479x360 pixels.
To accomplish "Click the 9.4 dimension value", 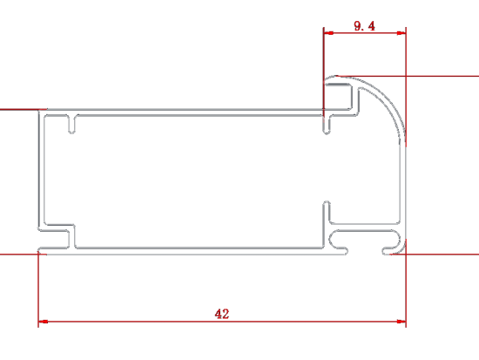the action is (364, 26).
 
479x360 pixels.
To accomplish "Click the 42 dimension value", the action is (222, 314).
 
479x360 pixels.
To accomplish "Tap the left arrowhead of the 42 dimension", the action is (43, 322).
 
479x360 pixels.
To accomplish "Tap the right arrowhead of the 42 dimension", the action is (401, 322).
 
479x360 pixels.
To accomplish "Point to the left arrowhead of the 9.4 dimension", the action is (328, 33).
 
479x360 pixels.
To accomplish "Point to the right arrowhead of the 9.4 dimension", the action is (401, 33).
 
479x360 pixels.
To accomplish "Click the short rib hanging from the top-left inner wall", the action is (71, 124).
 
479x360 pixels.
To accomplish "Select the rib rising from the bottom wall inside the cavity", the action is (327, 224).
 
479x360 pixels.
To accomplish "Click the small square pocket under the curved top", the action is (338, 96).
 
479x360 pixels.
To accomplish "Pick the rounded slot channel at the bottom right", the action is (364, 239).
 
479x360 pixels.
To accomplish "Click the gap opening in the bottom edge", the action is (365, 251).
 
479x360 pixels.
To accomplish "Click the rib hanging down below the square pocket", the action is (327, 125).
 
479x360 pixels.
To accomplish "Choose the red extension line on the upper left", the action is (24, 109).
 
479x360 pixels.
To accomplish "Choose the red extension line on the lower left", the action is (24, 255).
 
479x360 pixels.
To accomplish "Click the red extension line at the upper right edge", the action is (408, 76).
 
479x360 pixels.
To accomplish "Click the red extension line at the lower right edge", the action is (435, 255).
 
